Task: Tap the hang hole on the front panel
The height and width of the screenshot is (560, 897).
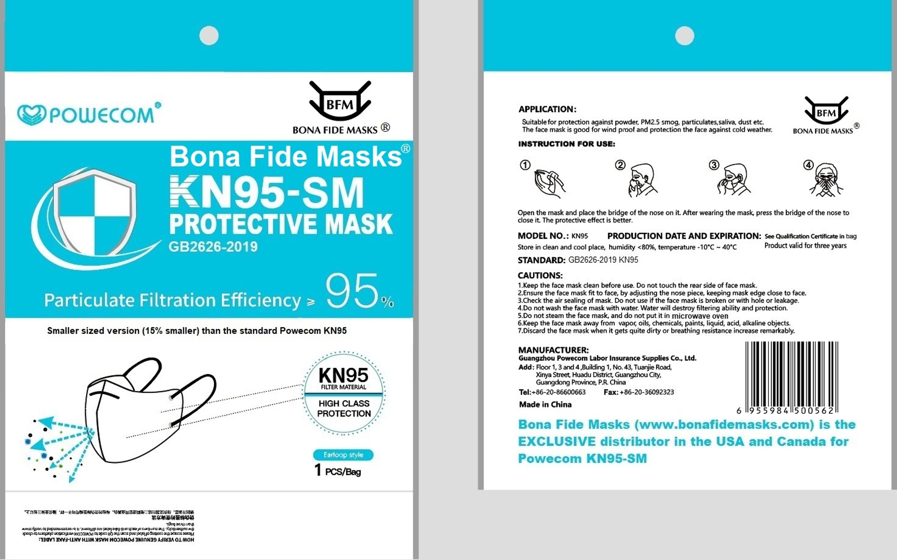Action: coord(209,35)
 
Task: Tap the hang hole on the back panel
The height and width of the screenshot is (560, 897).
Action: coord(684,35)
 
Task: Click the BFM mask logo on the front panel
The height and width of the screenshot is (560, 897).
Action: coord(340,102)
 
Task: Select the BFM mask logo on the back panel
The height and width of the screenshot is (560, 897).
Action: coord(826,111)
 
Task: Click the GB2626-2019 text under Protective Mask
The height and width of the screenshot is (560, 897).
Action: coord(213,247)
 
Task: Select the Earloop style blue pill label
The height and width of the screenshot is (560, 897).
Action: coord(343,455)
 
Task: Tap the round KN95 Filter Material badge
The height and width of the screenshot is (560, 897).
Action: coord(344,393)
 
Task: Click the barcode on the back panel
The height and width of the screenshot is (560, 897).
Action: coord(791,376)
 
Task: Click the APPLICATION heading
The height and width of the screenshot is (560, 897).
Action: coord(547,109)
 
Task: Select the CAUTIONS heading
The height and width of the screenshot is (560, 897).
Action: coord(540,276)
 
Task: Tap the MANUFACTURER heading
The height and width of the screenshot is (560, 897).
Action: coord(553,350)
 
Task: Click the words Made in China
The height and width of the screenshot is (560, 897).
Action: coord(545,404)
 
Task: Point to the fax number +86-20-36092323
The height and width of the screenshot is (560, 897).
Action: coord(647,392)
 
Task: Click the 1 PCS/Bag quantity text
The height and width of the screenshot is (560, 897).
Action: coord(338,470)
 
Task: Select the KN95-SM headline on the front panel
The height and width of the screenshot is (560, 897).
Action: coord(267,193)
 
